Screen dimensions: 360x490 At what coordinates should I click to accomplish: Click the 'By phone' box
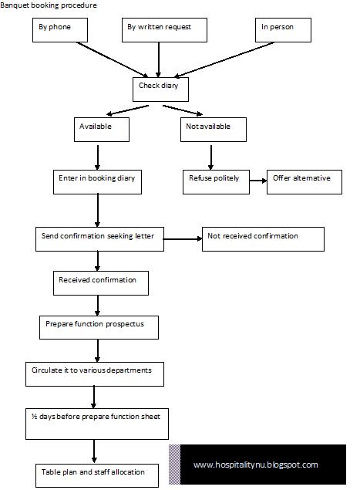click(x=60, y=30)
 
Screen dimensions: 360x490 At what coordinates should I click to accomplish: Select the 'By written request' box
click(x=164, y=30)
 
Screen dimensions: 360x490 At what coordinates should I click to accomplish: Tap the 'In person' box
click(x=283, y=30)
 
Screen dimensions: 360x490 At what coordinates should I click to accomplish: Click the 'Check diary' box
click(x=160, y=90)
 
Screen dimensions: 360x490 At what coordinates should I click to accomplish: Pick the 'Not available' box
click(x=214, y=130)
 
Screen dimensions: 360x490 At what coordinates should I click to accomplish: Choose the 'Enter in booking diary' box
click(x=97, y=182)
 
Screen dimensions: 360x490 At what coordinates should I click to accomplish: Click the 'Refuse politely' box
click(x=216, y=182)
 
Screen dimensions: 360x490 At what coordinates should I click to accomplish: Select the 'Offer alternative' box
click(x=304, y=182)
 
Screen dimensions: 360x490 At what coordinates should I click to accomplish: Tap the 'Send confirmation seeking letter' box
click(x=100, y=239)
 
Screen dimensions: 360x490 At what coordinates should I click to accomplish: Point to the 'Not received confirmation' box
click(x=263, y=239)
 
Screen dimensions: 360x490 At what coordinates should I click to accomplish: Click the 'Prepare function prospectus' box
click(x=99, y=327)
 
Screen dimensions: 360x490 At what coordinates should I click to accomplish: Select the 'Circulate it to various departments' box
click(x=95, y=374)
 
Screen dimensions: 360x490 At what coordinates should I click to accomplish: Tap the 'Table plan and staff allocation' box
click(x=97, y=475)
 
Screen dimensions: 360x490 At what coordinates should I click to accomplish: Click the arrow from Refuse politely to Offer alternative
click(x=258, y=181)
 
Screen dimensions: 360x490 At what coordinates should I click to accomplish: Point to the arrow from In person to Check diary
click(x=224, y=59)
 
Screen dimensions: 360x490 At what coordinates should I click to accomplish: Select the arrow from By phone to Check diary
click(x=113, y=59)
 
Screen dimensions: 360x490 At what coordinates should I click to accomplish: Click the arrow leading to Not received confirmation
click(x=183, y=239)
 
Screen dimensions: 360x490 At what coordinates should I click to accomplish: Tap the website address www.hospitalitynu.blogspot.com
click(x=256, y=465)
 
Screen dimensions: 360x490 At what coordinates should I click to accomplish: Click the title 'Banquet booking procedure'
click(x=49, y=5)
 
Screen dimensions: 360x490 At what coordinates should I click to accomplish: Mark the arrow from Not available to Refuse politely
click(x=210, y=157)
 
